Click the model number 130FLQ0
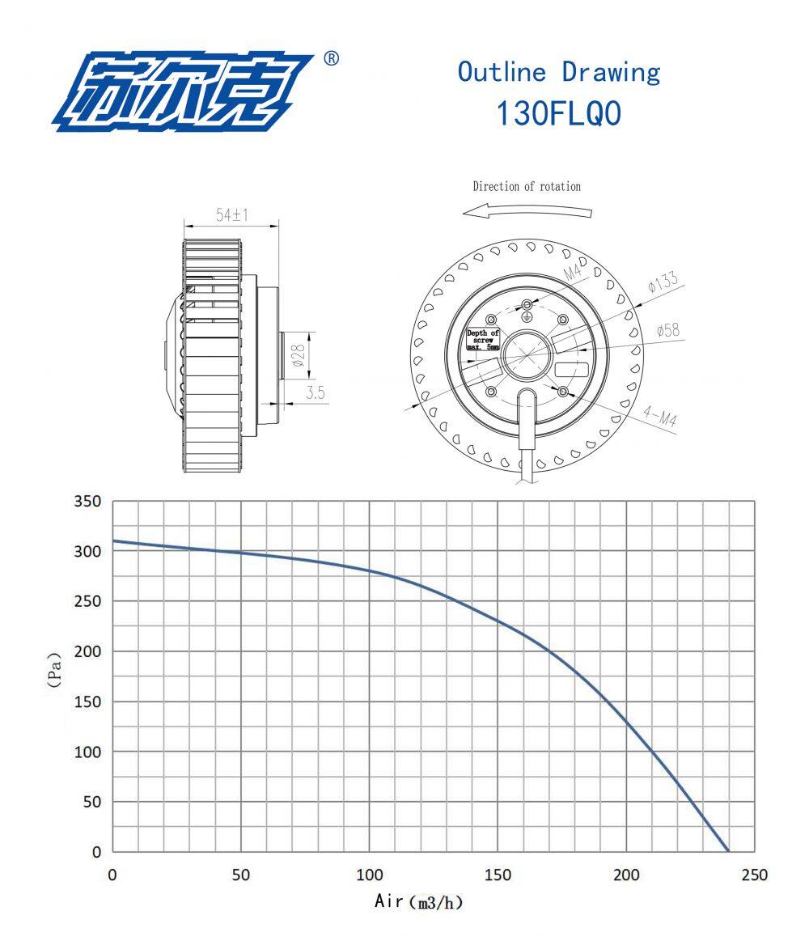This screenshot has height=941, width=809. [x=559, y=112]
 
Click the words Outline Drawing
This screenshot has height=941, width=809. [x=559, y=72]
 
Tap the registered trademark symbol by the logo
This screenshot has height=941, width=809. [x=331, y=58]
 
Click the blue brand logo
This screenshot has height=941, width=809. [x=183, y=91]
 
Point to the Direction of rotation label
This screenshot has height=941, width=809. [x=527, y=187]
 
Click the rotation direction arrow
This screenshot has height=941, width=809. [x=527, y=210]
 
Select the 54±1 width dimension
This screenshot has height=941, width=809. [x=231, y=214]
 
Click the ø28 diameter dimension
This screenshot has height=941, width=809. [x=299, y=354]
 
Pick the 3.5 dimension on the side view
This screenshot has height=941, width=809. [x=315, y=392]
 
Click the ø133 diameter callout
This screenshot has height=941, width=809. [x=663, y=282]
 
